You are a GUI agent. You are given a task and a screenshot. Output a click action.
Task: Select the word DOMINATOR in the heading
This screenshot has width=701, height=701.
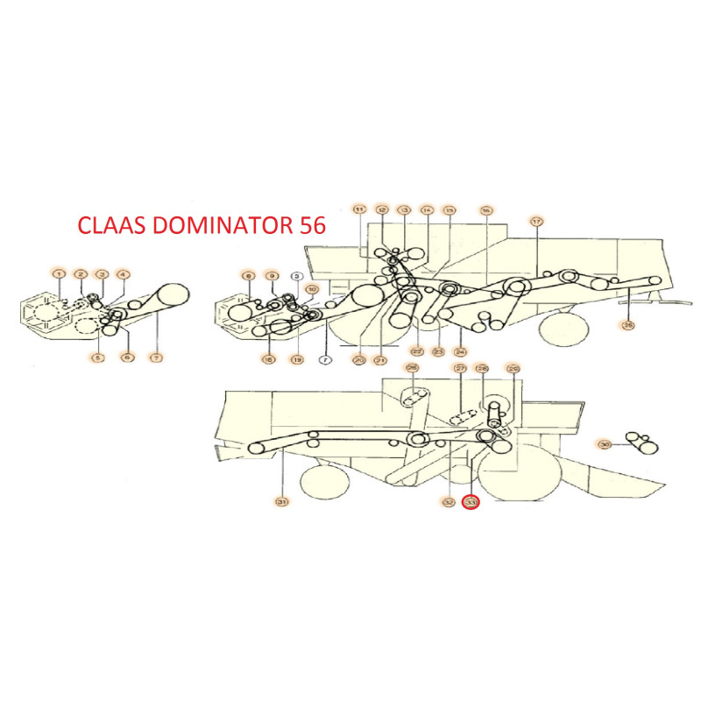click(x=219, y=224)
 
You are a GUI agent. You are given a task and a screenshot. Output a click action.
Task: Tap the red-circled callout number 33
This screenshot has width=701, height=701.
click(x=471, y=503)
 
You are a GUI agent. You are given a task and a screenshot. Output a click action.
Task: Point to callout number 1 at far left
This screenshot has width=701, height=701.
click(x=59, y=275)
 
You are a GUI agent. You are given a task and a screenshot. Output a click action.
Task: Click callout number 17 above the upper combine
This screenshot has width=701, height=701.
click(x=536, y=221)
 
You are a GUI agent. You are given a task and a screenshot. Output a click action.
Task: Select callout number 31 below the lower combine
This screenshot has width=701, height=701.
click(x=281, y=502)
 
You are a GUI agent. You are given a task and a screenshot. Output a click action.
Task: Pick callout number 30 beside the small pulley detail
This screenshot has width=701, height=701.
click(x=604, y=445)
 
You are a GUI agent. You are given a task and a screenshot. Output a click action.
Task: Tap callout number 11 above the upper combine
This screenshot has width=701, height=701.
click(x=359, y=210)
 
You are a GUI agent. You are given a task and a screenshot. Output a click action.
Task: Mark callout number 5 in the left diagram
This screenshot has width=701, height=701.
click(x=96, y=358)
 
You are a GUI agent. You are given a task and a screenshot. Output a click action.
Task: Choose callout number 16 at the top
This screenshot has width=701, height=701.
click(x=485, y=210)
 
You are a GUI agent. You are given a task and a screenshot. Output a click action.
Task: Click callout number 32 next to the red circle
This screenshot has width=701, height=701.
click(x=449, y=503)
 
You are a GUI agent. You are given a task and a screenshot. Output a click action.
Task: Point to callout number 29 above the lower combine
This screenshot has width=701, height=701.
click(x=513, y=369)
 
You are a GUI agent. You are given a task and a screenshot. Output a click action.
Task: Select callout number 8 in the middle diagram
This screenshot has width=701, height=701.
click(x=249, y=276)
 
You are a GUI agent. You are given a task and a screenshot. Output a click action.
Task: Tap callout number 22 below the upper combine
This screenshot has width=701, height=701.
click(x=418, y=351)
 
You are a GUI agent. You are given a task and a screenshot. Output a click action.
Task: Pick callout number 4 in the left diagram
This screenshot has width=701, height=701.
click(x=123, y=275)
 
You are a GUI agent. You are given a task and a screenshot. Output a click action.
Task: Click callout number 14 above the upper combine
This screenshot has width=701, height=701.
click(x=427, y=210)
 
